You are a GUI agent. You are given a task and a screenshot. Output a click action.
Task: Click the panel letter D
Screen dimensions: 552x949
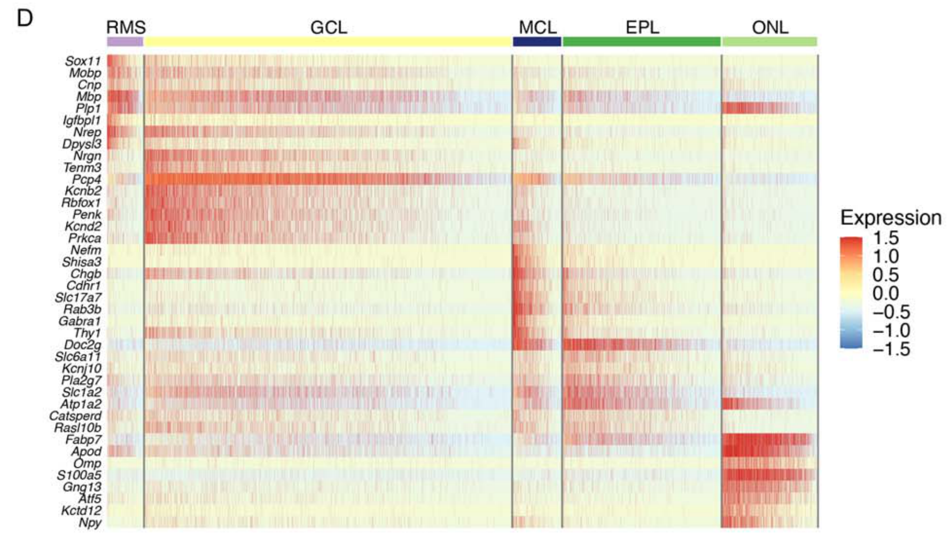coord(24,19)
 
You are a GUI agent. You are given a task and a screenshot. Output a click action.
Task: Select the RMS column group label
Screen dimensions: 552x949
coord(126,27)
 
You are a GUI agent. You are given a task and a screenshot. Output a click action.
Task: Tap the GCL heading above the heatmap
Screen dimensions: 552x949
coord(328,27)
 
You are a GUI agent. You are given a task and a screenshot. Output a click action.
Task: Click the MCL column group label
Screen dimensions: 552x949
coord(537,27)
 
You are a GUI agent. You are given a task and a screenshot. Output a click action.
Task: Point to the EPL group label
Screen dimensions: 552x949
coord(642,27)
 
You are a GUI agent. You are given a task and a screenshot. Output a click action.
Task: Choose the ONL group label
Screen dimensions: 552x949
coord(770,27)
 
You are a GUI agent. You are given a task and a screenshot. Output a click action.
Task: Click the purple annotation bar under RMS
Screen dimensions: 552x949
coord(125,42)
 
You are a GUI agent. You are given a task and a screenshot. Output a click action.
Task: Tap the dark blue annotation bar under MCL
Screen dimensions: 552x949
coord(537,42)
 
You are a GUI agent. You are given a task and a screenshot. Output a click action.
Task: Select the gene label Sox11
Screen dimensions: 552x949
coord(83,61)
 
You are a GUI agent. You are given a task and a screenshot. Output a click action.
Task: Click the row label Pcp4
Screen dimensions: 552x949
coord(86,179)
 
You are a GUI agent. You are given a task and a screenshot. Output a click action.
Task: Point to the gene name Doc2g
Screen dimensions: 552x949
coord(82,345)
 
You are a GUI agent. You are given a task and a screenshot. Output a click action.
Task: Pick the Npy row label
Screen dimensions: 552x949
coord(90,523)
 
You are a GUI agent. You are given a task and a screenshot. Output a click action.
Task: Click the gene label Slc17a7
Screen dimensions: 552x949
coord(78,298)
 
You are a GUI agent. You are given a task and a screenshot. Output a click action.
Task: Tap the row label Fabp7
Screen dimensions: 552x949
coord(83,439)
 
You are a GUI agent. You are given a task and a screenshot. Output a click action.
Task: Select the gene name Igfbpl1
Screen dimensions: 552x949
coord(82,120)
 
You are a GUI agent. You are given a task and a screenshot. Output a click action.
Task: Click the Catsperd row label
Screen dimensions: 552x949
coord(75,416)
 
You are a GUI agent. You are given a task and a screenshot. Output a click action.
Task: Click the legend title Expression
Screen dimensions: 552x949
coord(891,218)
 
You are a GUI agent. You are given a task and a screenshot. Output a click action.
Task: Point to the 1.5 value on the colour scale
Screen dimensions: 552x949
coord(886,238)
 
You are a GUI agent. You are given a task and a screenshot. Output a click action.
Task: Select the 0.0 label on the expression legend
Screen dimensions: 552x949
coord(886,293)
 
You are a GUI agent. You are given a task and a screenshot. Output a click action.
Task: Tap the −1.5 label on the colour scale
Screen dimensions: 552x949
coord(891,349)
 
